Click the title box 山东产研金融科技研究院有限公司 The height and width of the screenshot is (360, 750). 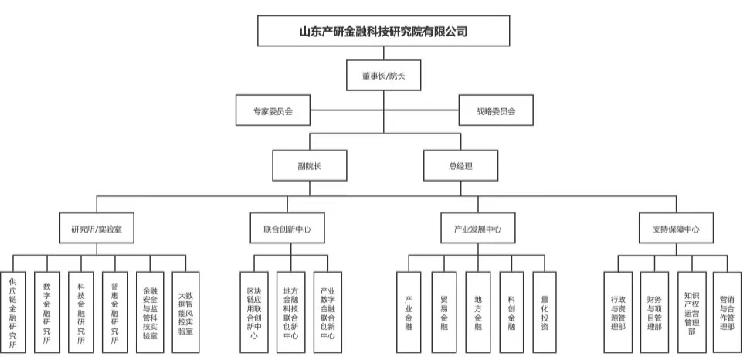point(382,32)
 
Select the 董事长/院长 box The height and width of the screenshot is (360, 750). point(382,76)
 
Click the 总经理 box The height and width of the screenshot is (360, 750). point(460,166)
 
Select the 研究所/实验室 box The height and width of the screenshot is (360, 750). point(97,229)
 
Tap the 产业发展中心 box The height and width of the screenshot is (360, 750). point(477,229)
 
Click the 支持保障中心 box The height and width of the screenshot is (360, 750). point(670,229)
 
